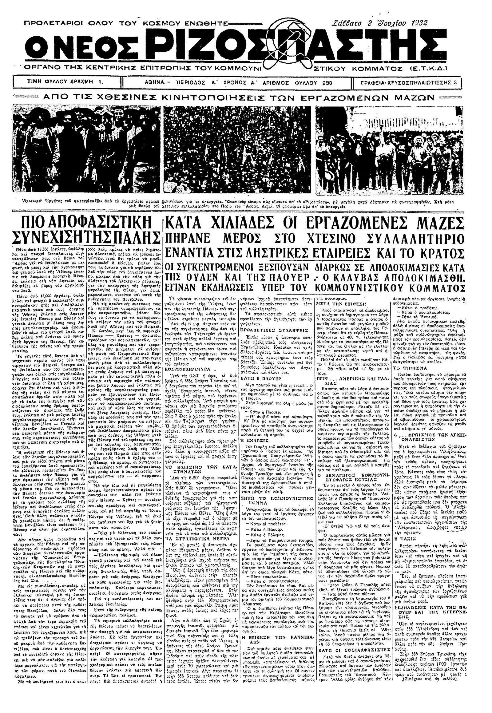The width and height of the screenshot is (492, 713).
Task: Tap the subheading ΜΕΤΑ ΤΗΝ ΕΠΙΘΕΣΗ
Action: point(339,303)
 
